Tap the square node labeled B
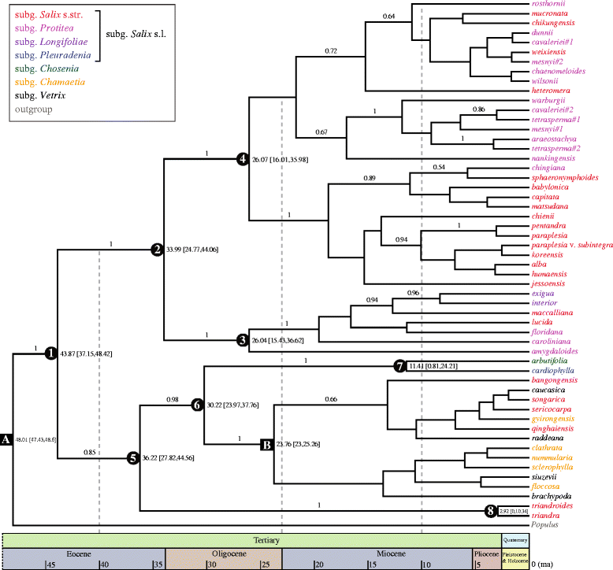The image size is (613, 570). tap(267, 446)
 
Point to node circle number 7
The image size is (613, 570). tap(399, 365)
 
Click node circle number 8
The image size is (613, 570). tap(491, 511)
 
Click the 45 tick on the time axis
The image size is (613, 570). tap(49, 564)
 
